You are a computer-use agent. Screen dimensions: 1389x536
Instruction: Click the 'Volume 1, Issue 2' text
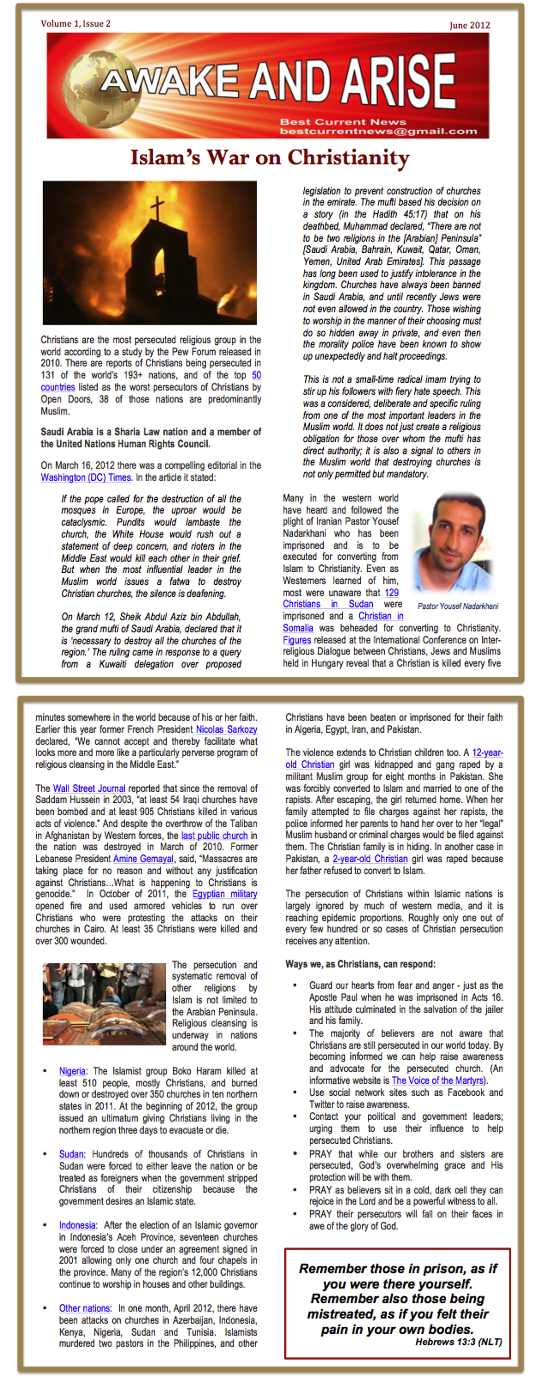[x=75, y=24]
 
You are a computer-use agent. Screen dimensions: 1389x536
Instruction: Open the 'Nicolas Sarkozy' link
[x=226, y=730]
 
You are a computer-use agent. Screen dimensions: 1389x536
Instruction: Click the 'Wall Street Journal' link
[x=89, y=788]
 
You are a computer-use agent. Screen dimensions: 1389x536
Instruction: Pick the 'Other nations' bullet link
[x=85, y=1308]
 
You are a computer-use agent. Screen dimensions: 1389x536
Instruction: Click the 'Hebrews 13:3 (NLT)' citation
[x=458, y=1342]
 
